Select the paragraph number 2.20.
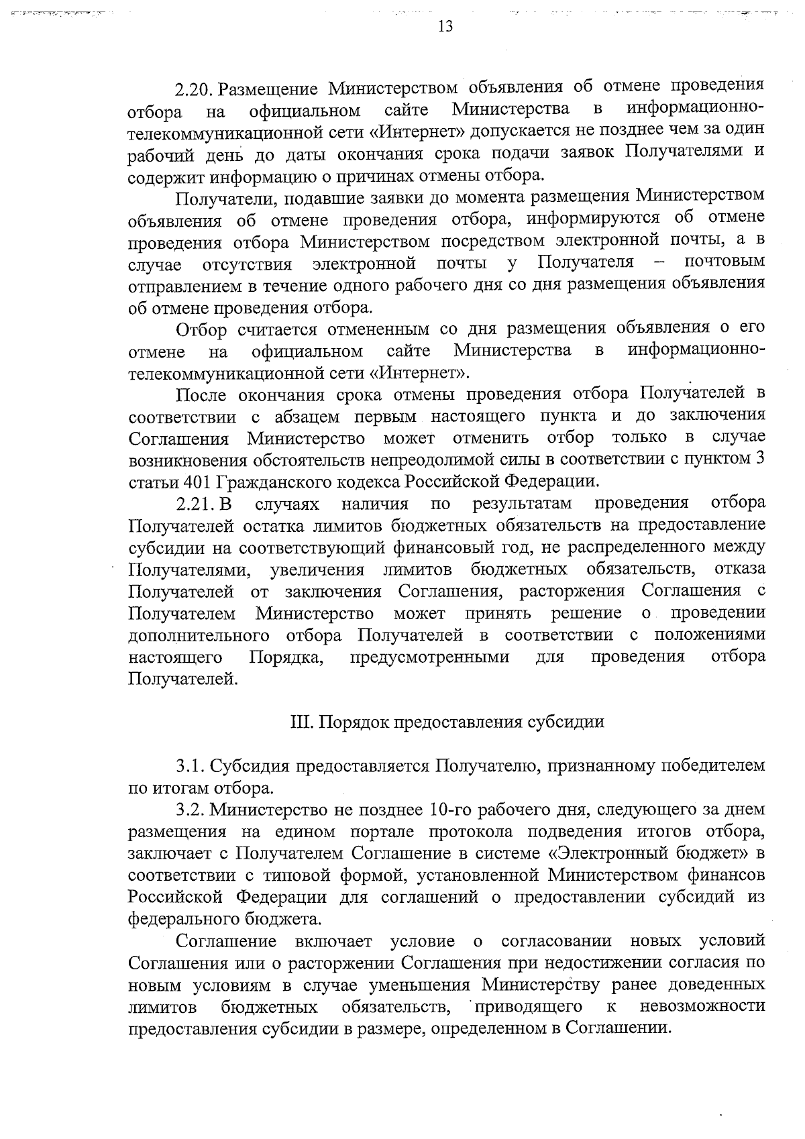195,89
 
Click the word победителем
714,765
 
